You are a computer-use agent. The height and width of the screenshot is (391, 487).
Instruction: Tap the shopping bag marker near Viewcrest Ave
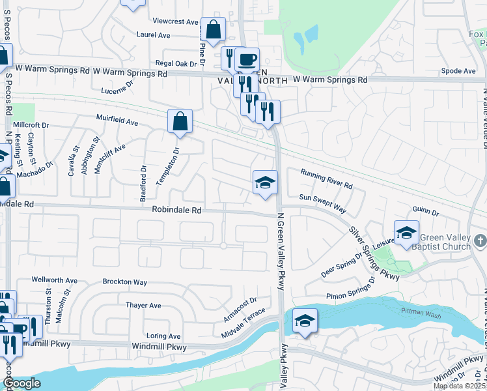[213, 29]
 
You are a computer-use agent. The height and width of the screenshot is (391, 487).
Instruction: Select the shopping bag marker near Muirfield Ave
[180, 121]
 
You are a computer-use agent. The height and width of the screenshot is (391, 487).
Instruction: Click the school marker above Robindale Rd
[265, 182]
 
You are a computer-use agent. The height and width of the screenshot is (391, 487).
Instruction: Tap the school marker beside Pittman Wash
[305, 321]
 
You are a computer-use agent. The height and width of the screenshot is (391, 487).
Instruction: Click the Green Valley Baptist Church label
[445, 242]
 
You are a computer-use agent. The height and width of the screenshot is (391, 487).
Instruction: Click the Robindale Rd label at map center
[177, 210]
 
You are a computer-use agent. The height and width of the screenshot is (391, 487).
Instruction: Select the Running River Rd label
[326, 179]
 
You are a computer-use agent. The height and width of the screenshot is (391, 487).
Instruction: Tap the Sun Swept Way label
[322, 202]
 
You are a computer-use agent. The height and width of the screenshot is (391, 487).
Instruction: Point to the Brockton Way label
[124, 282]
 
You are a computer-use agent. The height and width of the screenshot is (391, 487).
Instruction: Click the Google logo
[21, 383]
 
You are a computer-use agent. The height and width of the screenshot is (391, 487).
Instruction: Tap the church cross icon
[480, 242]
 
